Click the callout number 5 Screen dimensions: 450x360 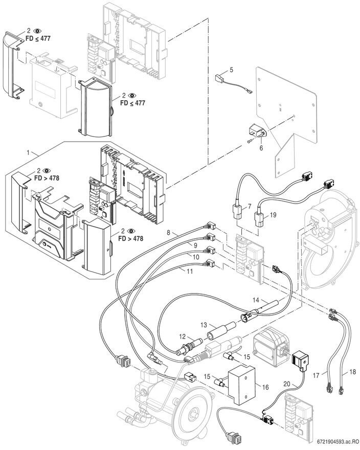point(231,69)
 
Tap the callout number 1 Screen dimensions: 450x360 point(30,153)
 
